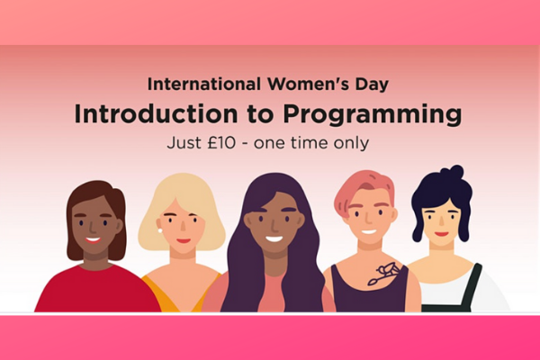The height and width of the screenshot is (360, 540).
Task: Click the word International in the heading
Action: (204, 84)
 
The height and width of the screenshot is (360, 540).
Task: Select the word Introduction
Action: (156, 113)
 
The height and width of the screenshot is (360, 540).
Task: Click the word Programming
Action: (373, 114)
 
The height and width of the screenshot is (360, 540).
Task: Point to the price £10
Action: (221, 142)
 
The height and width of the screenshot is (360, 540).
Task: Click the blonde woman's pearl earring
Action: (160, 230)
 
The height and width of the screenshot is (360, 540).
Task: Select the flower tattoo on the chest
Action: (383, 274)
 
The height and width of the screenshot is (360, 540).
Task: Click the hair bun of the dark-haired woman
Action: (452, 172)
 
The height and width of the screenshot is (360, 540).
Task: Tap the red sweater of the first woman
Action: (97, 289)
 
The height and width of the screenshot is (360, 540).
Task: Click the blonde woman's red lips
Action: (184, 241)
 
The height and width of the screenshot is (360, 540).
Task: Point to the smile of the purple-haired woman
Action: (274, 238)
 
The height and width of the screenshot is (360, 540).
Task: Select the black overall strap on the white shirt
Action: (472, 286)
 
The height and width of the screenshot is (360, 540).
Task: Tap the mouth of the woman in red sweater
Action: (93, 239)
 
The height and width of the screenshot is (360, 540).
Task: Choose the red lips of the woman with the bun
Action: (442, 234)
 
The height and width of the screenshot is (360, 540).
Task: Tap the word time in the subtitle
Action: (310, 142)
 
